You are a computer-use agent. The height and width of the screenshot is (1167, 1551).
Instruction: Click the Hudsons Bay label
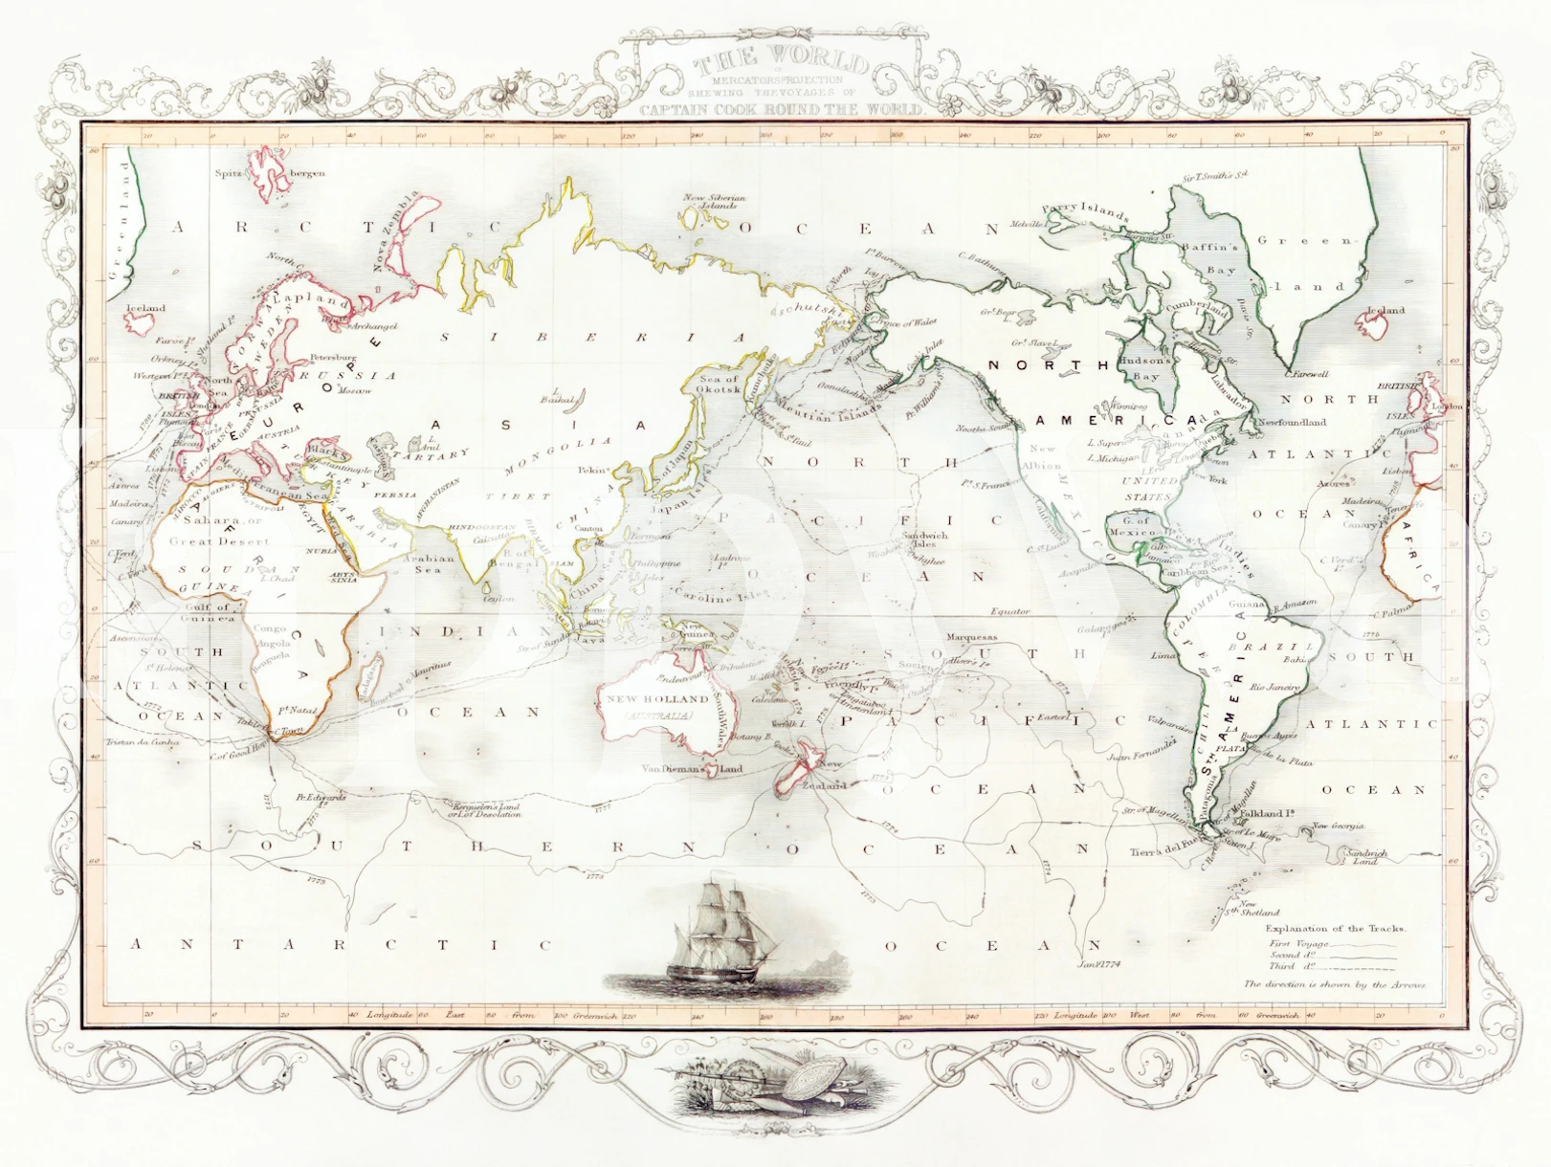pos(1144,368)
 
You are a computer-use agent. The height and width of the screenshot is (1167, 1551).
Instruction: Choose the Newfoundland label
pos(1292,422)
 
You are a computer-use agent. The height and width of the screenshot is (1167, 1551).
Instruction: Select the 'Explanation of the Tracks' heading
pos(1336,928)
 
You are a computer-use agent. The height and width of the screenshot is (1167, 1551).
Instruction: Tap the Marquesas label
pos(970,637)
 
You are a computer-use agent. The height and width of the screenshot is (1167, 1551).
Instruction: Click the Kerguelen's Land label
pos(487,809)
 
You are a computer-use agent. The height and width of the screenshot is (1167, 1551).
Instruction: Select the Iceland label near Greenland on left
pos(145,308)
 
